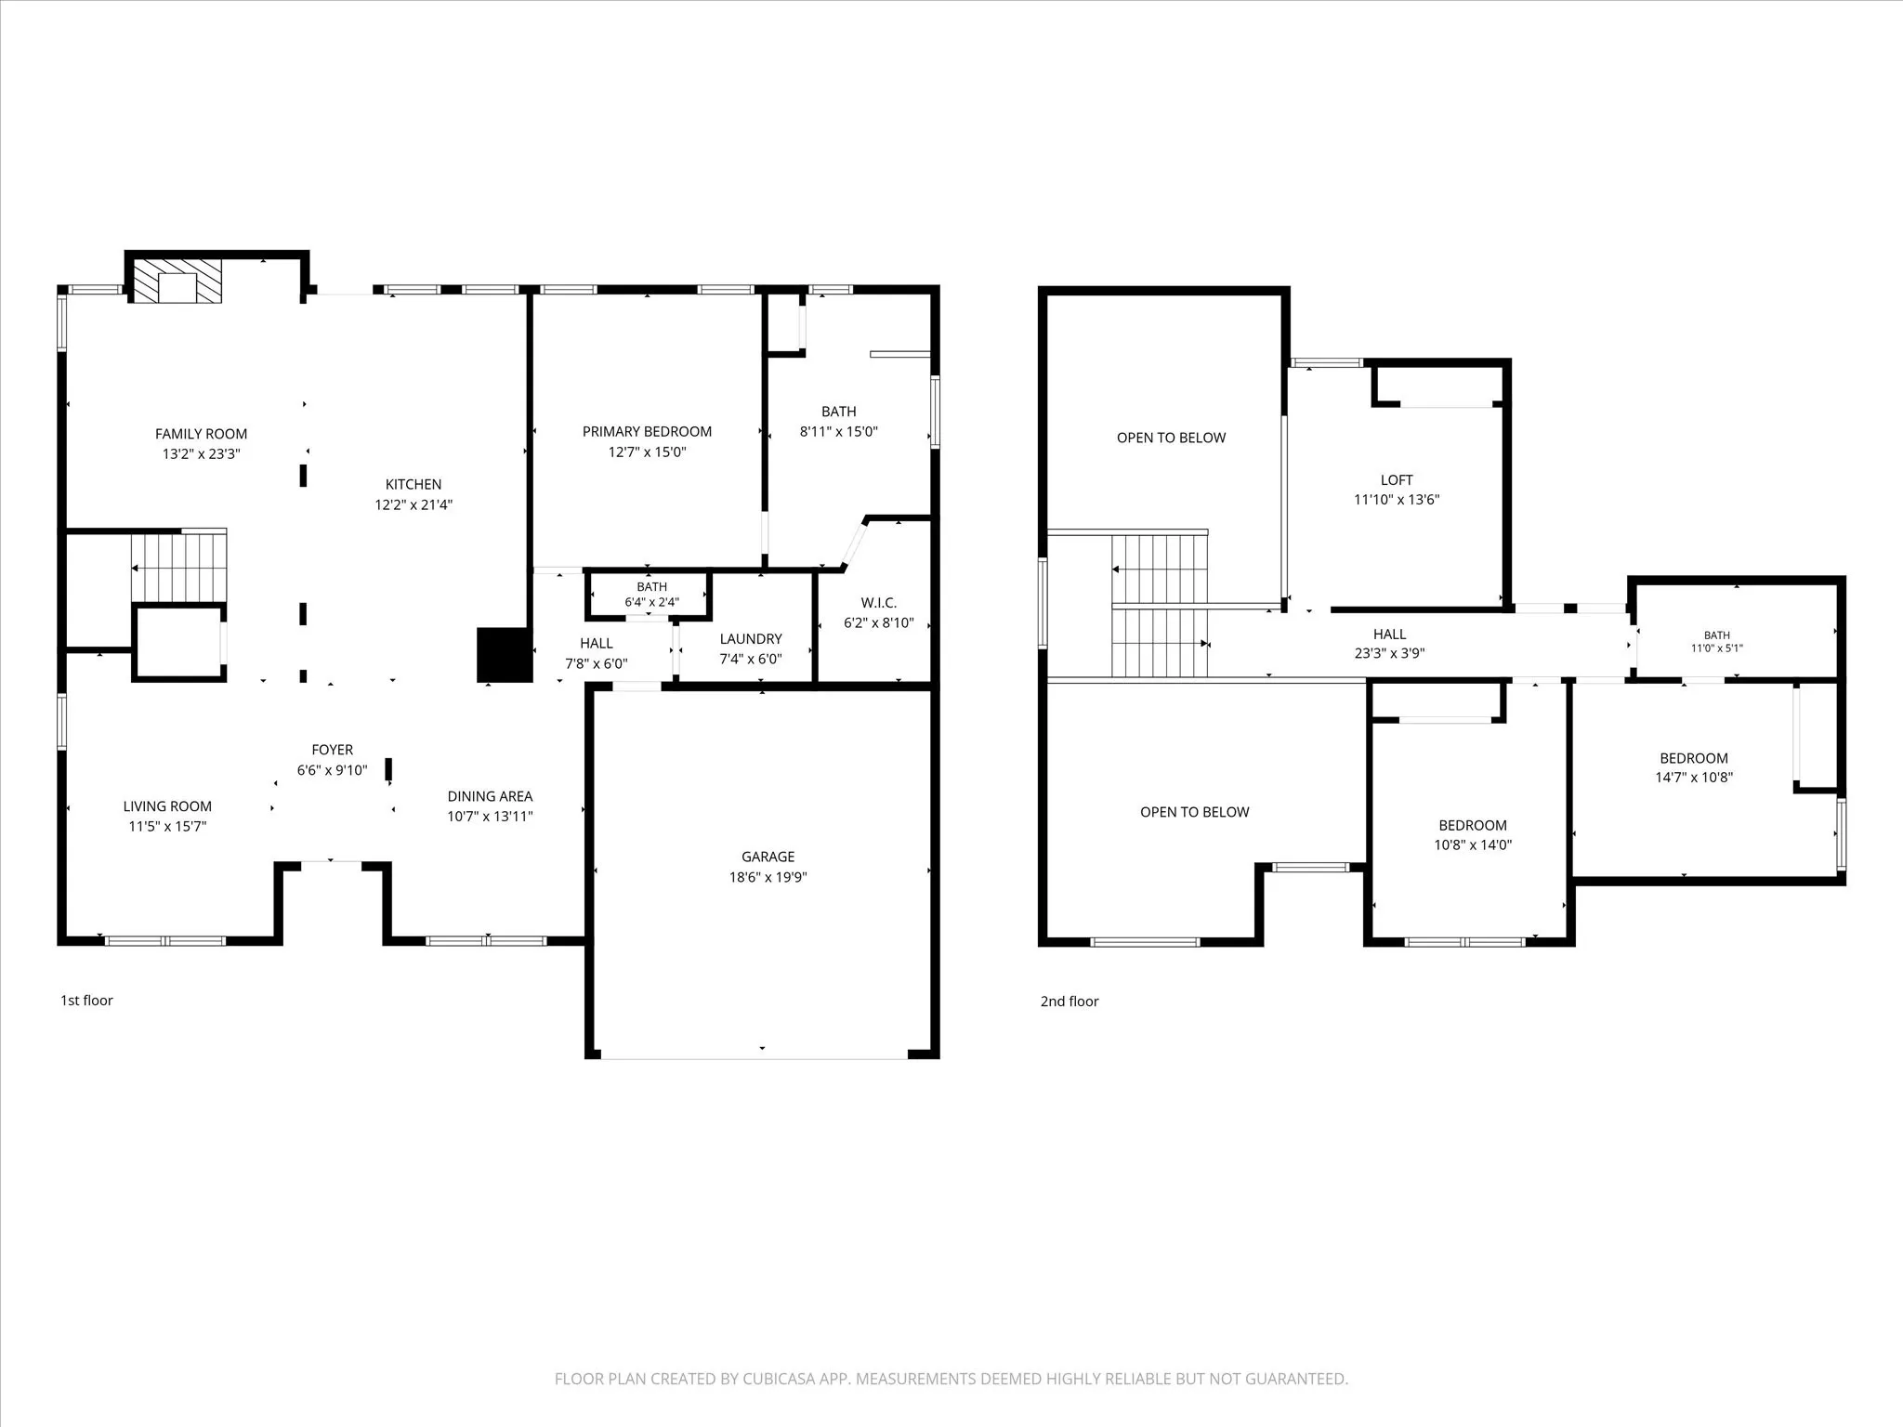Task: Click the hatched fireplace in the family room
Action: coord(177,281)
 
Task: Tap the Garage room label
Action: coord(768,857)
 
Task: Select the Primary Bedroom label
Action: coord(647,431)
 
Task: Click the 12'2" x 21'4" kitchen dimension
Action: coord(413,504)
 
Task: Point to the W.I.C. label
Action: coord(878,603)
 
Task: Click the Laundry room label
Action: coord(751,638)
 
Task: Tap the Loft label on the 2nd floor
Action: coord(1397,479)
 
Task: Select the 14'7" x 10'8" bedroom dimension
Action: coord(1694,778)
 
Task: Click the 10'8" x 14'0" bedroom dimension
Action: coord(1473,844)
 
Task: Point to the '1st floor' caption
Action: coord(86,1001)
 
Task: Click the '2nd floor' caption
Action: coord(1070,1002)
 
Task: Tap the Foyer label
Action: coord(332,750)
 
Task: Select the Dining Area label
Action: coord(490,796)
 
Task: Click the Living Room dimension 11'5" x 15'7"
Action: coord(167,826)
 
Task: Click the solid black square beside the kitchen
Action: coord(504,655)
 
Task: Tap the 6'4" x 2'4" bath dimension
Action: coord(651,602)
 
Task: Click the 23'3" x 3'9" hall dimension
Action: coord(1389,653)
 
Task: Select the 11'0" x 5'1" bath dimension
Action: coord(1716,648)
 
